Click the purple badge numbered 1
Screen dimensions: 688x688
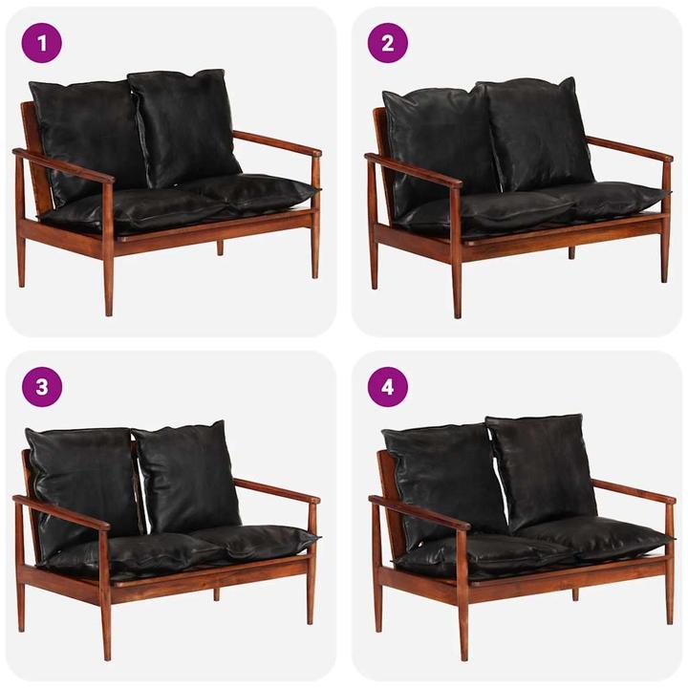41,42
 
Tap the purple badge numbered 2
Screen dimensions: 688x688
388,42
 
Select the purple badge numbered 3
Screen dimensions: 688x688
41,387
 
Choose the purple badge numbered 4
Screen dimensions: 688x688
388,387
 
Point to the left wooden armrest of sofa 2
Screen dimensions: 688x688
412,169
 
